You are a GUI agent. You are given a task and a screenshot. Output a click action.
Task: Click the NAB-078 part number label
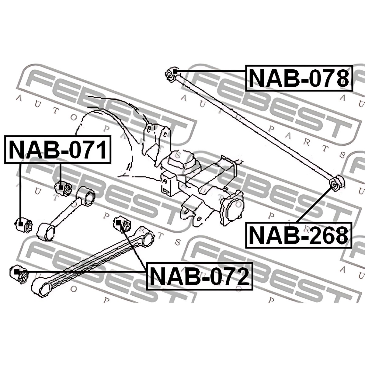(x=299, y=81)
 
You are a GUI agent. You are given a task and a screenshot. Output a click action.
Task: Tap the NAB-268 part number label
(x=298, y=235)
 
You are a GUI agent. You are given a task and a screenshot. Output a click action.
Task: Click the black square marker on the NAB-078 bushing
(x=175, y=72)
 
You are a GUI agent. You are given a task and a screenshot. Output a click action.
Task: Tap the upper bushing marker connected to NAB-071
(x=61, y=187)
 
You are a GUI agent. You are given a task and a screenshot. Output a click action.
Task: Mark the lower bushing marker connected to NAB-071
(x=21, y=224)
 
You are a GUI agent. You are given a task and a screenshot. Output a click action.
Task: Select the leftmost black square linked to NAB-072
(x=16, y=272)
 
